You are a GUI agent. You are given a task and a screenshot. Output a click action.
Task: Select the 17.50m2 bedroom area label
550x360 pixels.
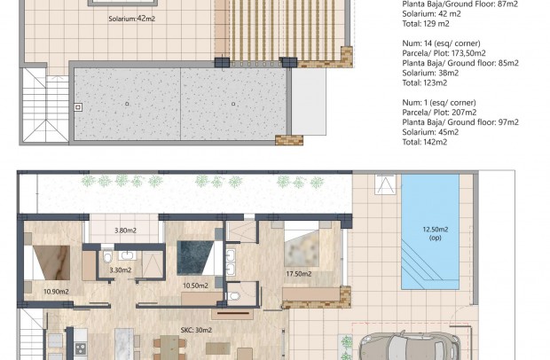click(298, 274)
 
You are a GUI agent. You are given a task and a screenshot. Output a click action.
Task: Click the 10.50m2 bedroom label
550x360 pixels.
click(193, 286)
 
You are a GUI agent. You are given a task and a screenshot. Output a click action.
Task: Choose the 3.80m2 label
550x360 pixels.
click(125, 231)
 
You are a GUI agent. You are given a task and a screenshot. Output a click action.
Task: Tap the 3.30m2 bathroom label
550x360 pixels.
click(121, 270)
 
